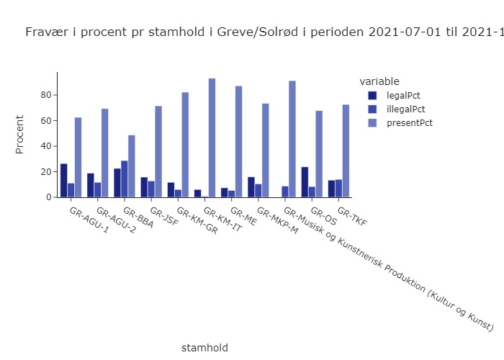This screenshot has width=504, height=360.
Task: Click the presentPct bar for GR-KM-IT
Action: [212, 138]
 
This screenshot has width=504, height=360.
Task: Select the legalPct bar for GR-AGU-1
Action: [64, 180]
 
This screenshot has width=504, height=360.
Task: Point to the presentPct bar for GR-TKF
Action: [346, 150]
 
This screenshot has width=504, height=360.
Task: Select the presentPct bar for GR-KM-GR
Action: [185, 144]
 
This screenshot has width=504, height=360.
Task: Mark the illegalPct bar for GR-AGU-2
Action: [97, 189]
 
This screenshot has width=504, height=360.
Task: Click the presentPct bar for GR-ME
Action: [238, 141]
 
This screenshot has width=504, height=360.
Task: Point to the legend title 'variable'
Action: [379, 81]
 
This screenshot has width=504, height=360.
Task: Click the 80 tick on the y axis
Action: [49, 95]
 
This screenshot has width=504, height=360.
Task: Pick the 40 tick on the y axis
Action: [49, 146]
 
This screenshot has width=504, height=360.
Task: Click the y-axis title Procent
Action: [20, 134]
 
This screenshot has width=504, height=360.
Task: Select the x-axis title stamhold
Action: [204, 347]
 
